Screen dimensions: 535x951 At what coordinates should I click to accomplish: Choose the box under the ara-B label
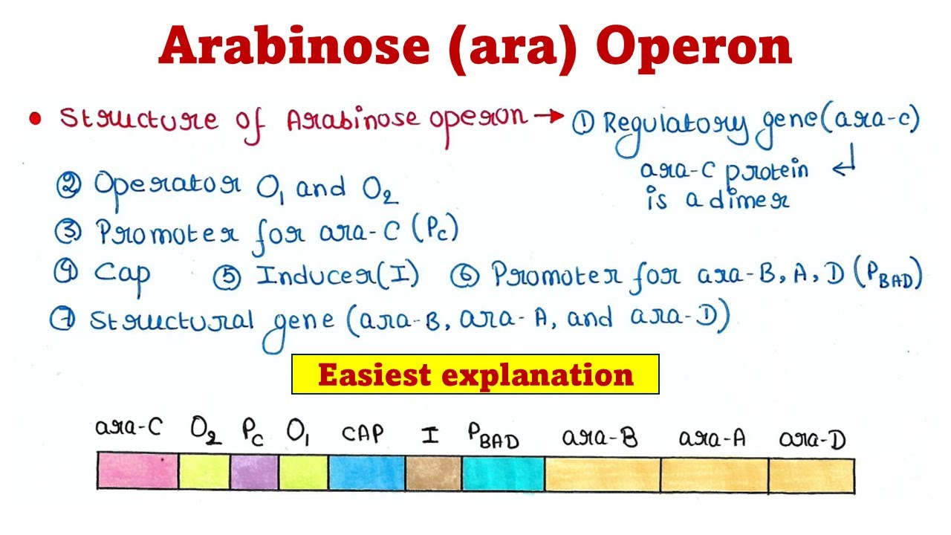pos(602,474)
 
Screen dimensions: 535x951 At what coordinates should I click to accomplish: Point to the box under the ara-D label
pos(811,474)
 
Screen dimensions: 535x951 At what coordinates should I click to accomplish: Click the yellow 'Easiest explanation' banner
pos(475,374)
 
